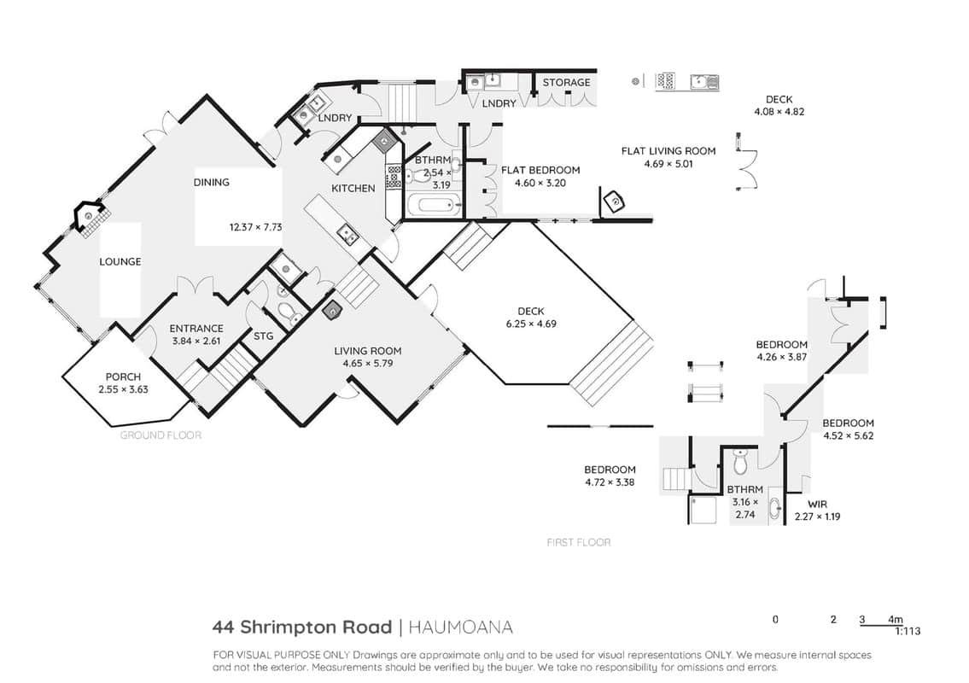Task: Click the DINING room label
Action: [212, 183]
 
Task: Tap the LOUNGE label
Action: [120, 261]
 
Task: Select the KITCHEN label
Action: [353, 188]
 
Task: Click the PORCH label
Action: [123, 377]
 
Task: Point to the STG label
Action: [263, 336]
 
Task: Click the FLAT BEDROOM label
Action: [540, 170]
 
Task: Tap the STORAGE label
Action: [567, 82]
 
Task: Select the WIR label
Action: [817, 505]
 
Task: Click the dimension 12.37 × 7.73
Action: [255, 227]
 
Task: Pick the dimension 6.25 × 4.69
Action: [530, 324]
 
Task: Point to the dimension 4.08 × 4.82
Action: [779, 112]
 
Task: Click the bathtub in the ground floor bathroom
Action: [433, 204]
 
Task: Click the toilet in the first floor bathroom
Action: [741, 460]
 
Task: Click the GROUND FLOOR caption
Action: [161, 435]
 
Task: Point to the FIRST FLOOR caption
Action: [579, 542]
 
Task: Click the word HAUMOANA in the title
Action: [460, 628]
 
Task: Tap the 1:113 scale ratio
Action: [908, 631]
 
